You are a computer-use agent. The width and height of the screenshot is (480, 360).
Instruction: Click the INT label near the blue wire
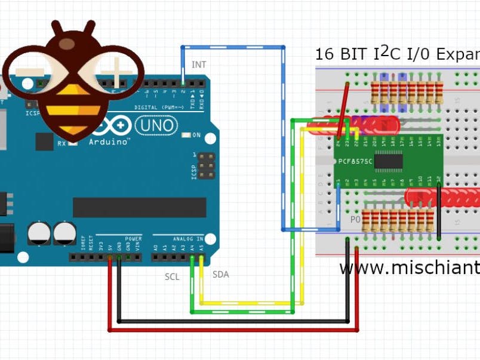tap(199, 64)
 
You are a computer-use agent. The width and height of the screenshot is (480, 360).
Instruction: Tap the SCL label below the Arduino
tap(172, 277)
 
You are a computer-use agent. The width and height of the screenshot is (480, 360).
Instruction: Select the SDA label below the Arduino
tap(221, 275)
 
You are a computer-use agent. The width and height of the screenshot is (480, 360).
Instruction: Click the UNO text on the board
tap(156, 125)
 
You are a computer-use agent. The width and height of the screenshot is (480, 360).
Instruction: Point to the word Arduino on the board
tap(109, 142)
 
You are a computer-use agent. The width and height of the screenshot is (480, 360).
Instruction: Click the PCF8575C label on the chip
tap(355, 161)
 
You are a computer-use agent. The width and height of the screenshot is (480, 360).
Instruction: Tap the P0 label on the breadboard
tap(355, 220)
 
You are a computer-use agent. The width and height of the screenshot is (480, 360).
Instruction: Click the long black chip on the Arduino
tap(139, 207)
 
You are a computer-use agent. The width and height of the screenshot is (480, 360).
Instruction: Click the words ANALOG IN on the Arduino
tap(188, 239)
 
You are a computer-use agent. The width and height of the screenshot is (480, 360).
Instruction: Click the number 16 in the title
tap(325, 55)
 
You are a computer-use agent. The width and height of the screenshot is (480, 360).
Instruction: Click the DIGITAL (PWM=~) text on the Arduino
tap(156, 107)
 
